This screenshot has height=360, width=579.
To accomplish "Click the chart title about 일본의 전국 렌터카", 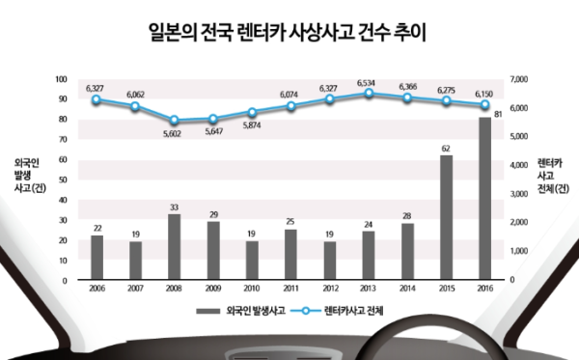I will [x=289, y=34].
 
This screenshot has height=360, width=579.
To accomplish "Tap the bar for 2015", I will [x=446, y=218].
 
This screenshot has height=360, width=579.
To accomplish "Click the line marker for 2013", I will [x=366, y=94].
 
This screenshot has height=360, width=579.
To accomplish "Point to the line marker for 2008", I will [x=174, y=121].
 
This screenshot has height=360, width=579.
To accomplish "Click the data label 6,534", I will [x=367, y=82].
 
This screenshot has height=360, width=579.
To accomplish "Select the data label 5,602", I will [x=174, y=134].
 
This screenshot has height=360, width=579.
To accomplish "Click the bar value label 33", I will [x=174, y=207].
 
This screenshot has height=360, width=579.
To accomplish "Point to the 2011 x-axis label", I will [x=289, y=289].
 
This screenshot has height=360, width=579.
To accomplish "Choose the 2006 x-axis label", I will [x=96, y=289].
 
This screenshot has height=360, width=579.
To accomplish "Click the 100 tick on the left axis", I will [x=62, y=79].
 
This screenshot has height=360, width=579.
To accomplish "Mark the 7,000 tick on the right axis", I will [x=520, y=79].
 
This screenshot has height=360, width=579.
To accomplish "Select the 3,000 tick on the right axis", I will [x=520, y=194].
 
